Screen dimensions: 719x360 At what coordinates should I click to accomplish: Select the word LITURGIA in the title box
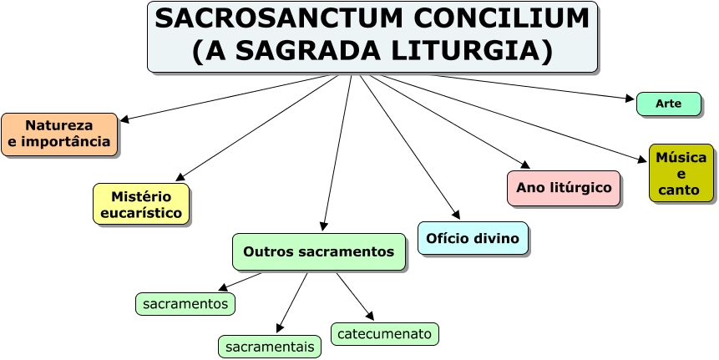point(467,51)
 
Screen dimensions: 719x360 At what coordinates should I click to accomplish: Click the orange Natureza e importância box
point(59,134)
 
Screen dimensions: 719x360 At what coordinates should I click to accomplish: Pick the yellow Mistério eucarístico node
point(141,205)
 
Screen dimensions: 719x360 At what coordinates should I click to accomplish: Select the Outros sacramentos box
point(318,251)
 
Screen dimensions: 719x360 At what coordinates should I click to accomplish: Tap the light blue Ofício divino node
point(472,239)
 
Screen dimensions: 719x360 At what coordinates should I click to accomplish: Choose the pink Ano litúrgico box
point(564,188)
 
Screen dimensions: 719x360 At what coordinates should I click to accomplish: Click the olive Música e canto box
point(681,174)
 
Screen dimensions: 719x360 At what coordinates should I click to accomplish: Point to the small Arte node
point(668,104)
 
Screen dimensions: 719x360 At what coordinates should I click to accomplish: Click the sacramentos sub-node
point(185,304)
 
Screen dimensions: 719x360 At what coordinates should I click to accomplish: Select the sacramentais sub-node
point(270,346)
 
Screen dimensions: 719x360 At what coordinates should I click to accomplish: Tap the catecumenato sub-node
point(384,334)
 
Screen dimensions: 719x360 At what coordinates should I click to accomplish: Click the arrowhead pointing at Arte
point(630,99)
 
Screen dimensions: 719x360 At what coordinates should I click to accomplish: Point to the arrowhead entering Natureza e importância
point(124,119)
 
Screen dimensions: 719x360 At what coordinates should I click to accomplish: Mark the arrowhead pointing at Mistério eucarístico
point(180,177)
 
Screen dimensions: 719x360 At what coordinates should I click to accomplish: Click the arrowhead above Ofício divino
point(455,215)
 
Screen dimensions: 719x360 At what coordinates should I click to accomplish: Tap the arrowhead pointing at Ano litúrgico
point(524,165)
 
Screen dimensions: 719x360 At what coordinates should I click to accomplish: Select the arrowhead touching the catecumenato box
point(369,317)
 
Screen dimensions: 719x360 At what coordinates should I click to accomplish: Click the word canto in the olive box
point(679,190)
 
